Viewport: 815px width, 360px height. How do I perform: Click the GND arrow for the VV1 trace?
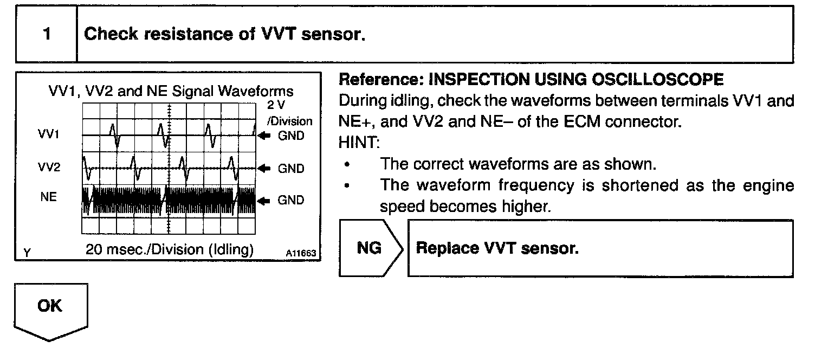click(x=266, y=136)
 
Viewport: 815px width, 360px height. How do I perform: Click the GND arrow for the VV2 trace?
click(x=266, y=169)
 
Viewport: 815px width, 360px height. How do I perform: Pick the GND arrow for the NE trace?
click(x=266, y=201)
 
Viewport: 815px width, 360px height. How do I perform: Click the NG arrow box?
click(x=371, y=248)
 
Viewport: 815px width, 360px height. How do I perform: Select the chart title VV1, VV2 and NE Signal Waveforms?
click(x=169, y=91)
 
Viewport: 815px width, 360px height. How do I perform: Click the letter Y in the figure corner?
click(x=26, y=252)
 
